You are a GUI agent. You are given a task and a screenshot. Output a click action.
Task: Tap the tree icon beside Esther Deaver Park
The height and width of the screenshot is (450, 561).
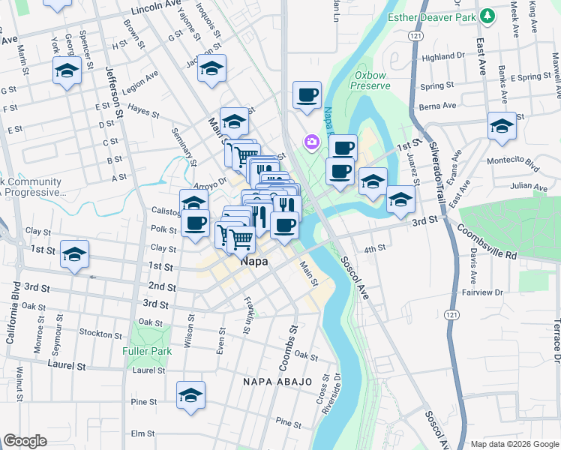487,16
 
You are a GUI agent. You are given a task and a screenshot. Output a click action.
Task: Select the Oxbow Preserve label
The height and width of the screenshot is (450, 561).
373,80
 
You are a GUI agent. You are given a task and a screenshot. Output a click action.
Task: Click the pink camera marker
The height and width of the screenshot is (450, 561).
310,141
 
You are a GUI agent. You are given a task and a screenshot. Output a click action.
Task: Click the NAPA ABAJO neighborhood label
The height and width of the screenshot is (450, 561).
277,382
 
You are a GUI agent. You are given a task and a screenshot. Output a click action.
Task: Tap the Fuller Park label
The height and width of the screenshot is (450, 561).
147,350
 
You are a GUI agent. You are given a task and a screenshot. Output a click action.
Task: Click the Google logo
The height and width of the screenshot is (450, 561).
25,441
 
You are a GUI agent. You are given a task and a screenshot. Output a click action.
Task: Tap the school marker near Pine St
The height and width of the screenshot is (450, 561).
190,395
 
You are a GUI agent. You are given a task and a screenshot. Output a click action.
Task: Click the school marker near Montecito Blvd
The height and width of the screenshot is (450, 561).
502,125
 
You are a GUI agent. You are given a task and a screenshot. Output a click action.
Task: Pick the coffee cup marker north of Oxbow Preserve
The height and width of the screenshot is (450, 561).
307,95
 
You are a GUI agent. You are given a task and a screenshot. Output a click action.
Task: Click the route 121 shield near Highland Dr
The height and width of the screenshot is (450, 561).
415,36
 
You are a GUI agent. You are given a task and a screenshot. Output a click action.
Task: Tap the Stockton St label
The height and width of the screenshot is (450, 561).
100,334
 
